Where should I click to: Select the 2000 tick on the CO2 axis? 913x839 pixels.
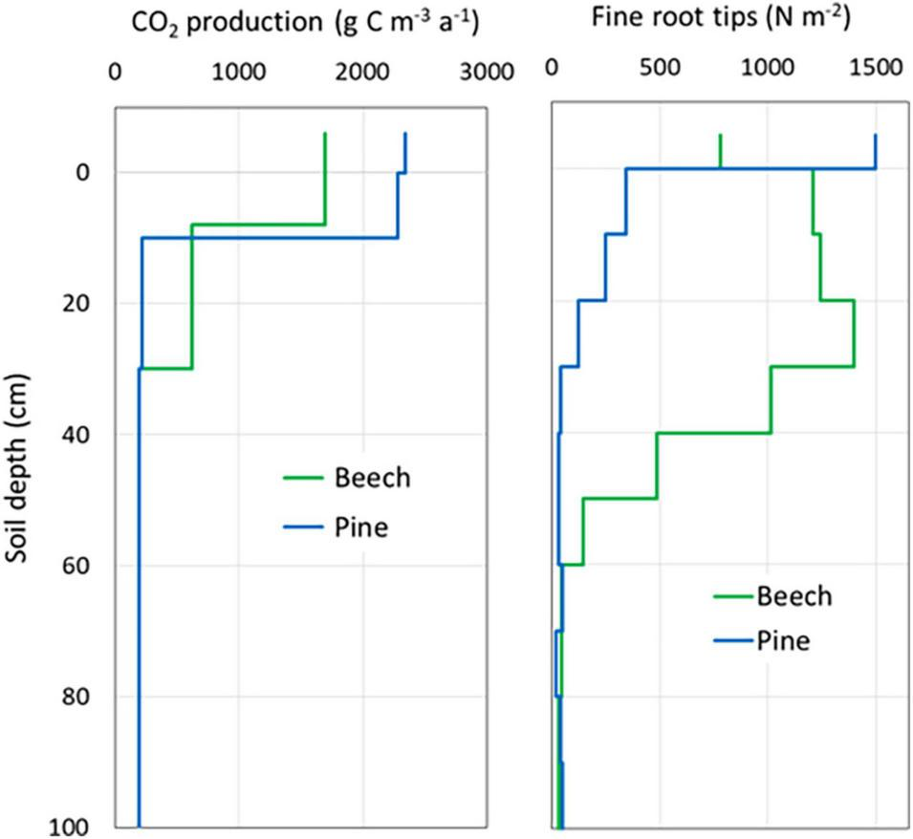click(362, 72)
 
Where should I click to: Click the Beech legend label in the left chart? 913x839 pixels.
click(371, 478)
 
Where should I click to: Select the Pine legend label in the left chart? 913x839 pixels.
click(361, 527)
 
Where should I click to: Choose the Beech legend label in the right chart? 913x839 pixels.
click(793, 596)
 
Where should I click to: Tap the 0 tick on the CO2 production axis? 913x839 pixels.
click(116, 72)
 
